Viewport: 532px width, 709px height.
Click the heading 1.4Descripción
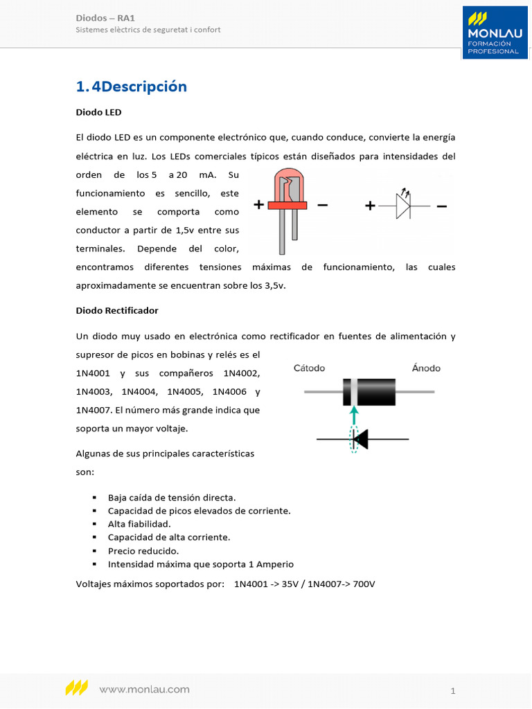coord(132,87)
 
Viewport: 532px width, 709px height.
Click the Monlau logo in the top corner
coord(495,33)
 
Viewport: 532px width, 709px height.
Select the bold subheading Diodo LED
coord(98,111)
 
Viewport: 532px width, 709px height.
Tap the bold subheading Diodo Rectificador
coord(117,310)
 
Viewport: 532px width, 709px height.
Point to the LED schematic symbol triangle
coord(403,206)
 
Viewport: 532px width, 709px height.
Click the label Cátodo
coord(309,368)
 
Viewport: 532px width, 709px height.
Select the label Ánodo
coord(426,368)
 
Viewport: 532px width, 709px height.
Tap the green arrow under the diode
coord(354,415)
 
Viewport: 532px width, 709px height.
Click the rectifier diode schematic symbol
coord(360,439)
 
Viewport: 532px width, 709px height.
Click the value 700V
coord(364,584)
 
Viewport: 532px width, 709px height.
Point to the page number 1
coord(452,690)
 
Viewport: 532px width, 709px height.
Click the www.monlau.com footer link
coord(144,689)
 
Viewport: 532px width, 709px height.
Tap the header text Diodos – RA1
coord(105,17)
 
